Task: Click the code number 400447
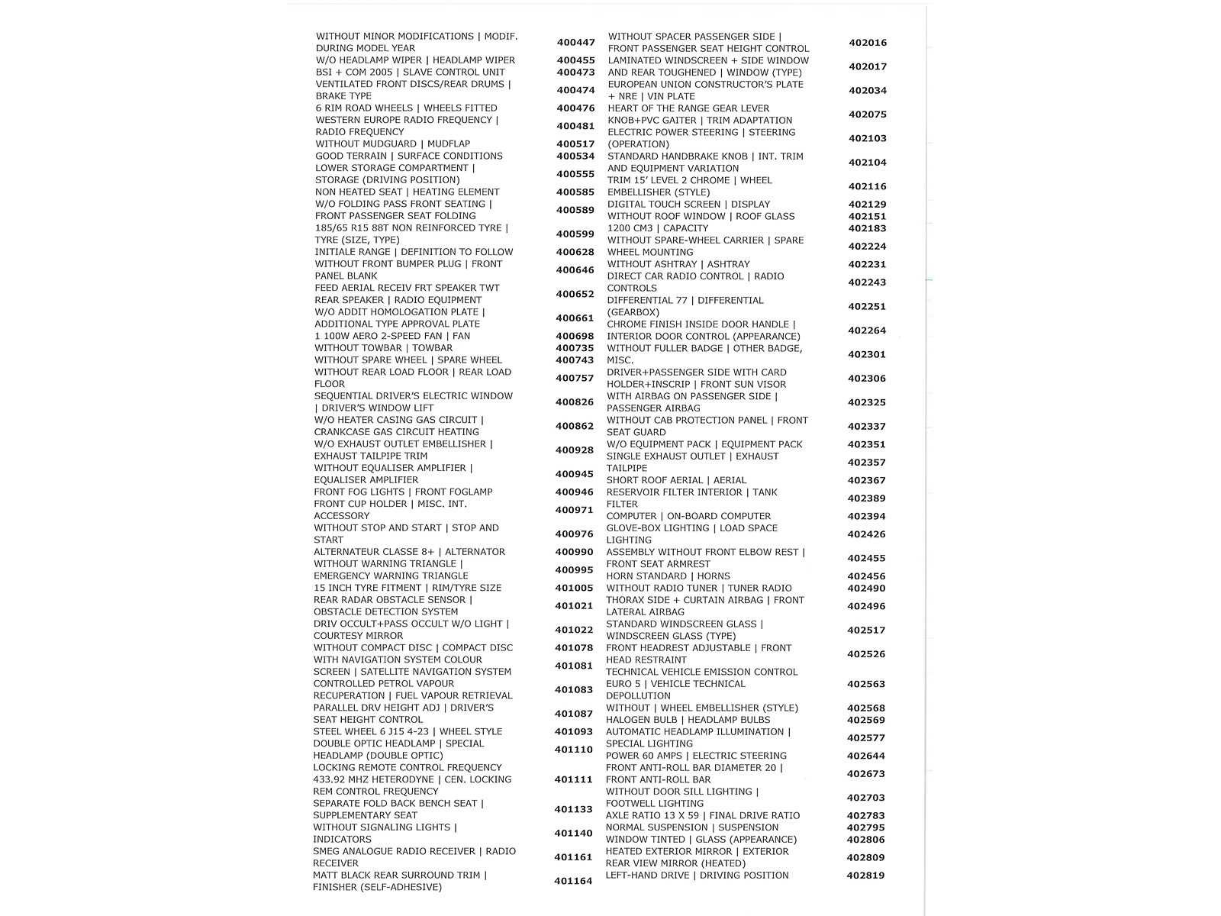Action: pos(575,43)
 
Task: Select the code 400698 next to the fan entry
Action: pos(575,337)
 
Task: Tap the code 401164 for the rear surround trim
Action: pos(573,881)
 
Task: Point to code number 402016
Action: pos(868,43)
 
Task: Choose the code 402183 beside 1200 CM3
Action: pos(867,228)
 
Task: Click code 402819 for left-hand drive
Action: pos(865,876)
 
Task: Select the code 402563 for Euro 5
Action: pos(866,685)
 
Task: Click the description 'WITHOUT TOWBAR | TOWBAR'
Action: pos(383,348)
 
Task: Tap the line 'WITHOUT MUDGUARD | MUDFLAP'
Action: pos(392,144)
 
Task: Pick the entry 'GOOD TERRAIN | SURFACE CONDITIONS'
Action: pos(409,156)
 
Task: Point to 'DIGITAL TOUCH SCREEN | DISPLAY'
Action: pos(688,205)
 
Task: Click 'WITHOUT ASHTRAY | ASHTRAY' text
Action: pos(678,264)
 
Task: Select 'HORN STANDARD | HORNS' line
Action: pos(668,576)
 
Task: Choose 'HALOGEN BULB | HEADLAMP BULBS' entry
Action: pos(688,720)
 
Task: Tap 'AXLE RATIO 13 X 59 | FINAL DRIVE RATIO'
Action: pos(703,815)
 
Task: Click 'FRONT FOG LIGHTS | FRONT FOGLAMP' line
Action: pos(403,492)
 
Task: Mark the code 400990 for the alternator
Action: pos(574,552)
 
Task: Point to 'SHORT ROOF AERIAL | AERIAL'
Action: pos(676,480)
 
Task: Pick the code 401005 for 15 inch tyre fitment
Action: pos(574,588)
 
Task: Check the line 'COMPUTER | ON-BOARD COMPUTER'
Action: pos(688,516)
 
